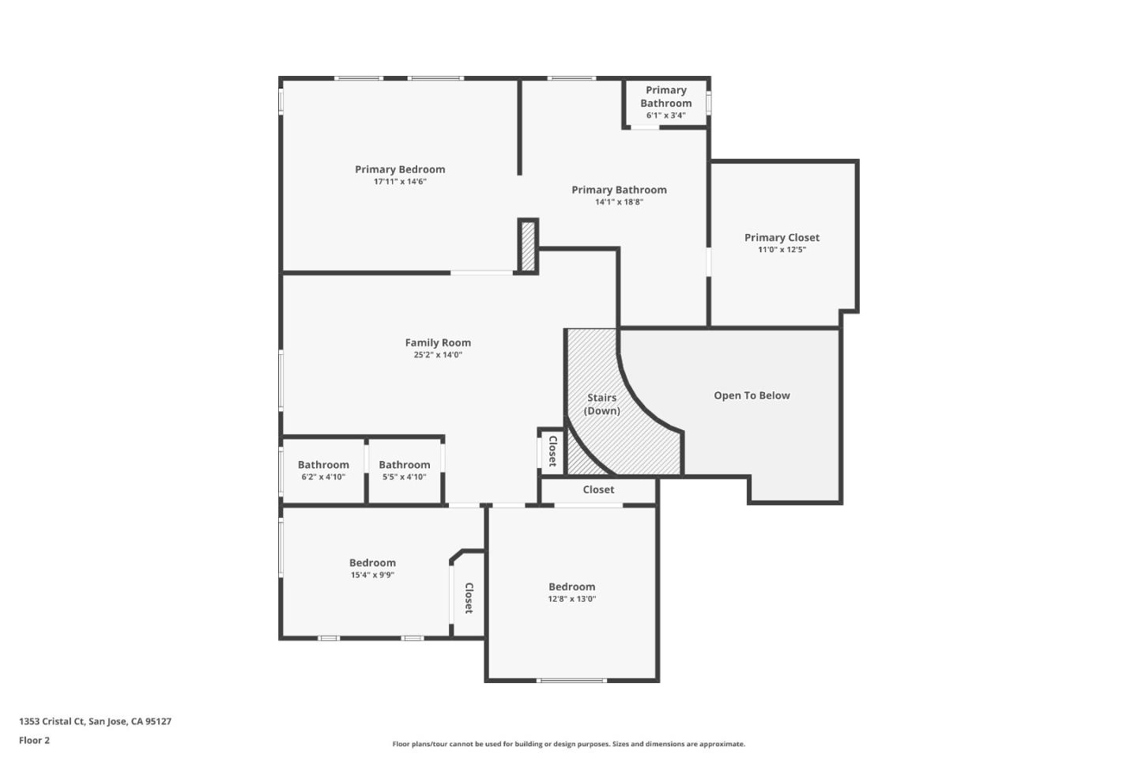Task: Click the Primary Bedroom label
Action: tap(400, 169)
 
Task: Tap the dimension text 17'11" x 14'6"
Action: tap(400, 182)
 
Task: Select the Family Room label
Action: tap(438, 342)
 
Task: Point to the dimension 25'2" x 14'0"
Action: tap(438, 355)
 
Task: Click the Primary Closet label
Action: tap(782, 237)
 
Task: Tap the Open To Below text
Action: tap(752, 395)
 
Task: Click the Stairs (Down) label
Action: tap(601, 404)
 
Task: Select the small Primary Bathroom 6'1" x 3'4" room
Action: tap(665, 102)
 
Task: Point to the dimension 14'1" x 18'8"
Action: tap(619, 202)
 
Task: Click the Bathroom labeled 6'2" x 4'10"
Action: tap(323, 470)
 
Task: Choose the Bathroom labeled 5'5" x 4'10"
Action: tap(404, 470)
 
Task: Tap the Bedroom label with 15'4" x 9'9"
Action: tap(372, 563)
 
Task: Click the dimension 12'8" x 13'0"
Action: tap(571, 599)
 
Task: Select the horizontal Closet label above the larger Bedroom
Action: tap(598, 489)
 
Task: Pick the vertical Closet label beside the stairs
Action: tap(552, 451)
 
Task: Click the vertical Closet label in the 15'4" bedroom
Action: tap(469, 598)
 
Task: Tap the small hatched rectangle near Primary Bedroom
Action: tap(528, 246)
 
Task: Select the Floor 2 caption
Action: tap(34, 740)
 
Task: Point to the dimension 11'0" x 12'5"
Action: tap(782, 250)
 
